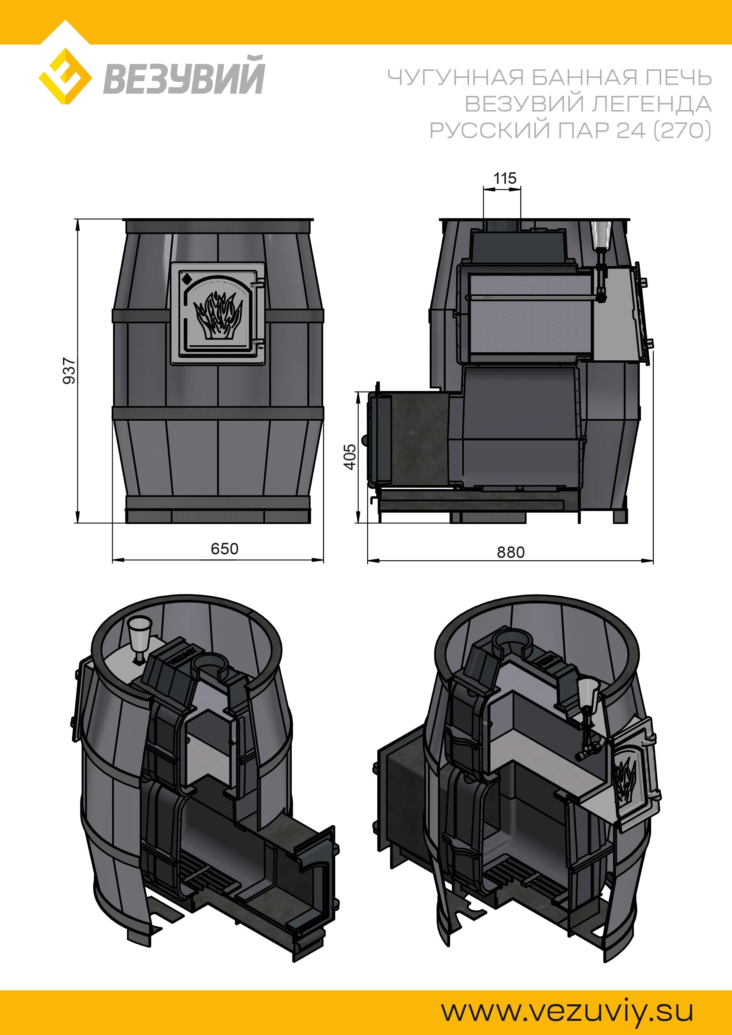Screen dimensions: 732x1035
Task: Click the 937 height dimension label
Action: (x=69, y=371)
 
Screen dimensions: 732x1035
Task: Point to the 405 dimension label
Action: (x=350, y=457)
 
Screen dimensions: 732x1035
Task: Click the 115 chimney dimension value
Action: (x=505, y=178)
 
